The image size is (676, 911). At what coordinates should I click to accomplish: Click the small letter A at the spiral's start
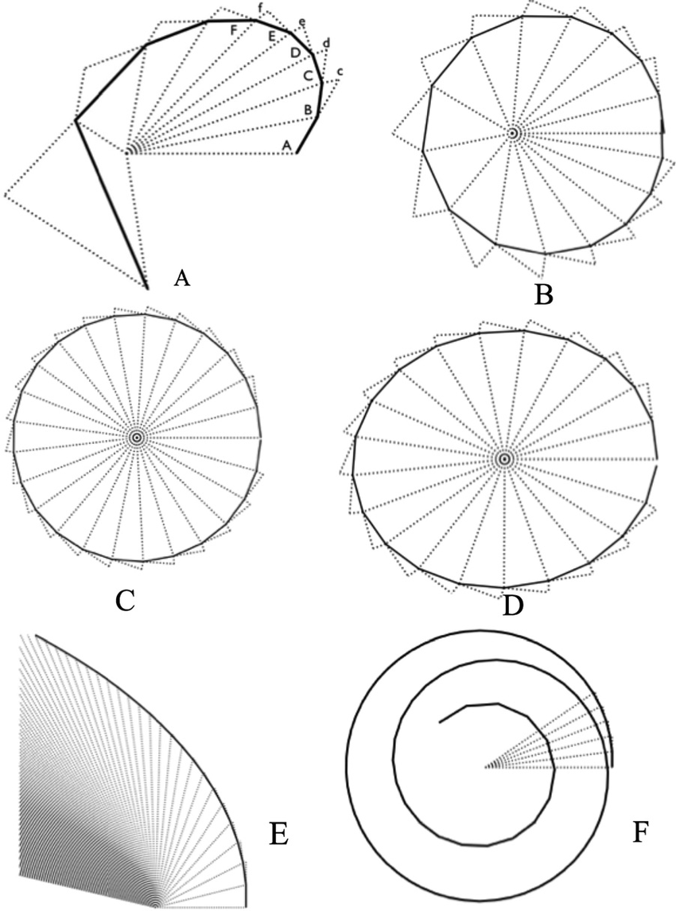point(286,144)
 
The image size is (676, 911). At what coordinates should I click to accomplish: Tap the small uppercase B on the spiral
point(307,110)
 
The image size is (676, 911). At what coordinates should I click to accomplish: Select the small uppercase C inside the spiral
point(308,76)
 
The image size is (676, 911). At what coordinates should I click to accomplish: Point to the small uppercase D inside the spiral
point(295,53)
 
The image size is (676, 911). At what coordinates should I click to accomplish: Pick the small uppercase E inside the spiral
point(272,37)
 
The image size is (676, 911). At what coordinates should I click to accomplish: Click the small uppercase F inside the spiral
point(232,30)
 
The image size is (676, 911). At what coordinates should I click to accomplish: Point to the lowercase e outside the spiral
point(300,21)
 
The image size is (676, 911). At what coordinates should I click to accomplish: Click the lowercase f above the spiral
point(260,7)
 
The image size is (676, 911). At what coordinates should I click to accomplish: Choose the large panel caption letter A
point(181,278)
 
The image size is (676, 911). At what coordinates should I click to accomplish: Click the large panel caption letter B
point(544,294)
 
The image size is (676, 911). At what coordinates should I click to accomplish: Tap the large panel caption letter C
point(124,599)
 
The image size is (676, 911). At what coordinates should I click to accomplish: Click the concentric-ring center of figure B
point(513,133)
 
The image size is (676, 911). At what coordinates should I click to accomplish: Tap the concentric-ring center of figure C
point(137,437)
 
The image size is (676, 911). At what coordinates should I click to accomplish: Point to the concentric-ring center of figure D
point(503,458)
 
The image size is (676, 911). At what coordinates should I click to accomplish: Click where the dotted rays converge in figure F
point(485,767)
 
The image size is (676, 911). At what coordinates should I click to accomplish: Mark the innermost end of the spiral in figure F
point(440,722)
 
